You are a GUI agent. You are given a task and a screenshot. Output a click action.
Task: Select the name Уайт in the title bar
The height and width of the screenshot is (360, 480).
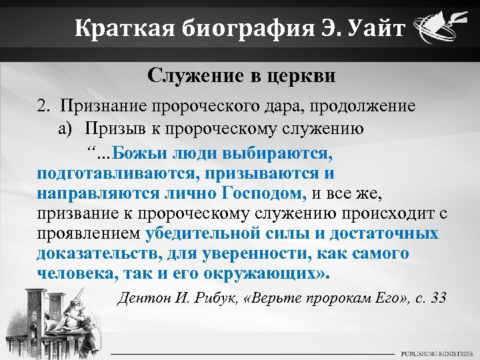click(371, 29)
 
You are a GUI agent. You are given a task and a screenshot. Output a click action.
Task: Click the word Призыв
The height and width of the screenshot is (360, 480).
click(109, 129)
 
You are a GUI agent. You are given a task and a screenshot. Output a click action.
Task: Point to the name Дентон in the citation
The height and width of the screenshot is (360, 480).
click(143, 297)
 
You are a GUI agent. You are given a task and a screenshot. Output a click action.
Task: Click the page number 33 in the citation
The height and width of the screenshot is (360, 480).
click(438, 297)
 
